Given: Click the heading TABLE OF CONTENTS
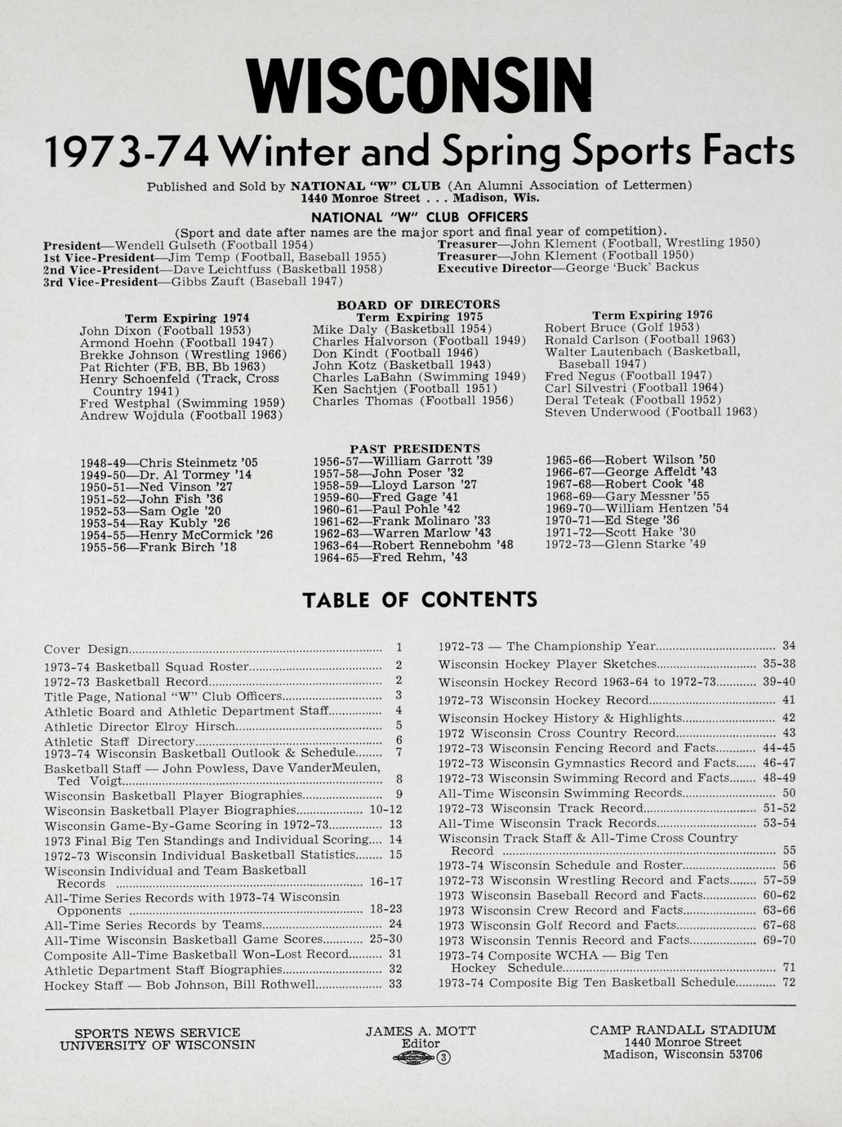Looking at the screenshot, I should [420, 600].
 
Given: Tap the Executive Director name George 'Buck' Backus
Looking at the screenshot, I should [632, 267].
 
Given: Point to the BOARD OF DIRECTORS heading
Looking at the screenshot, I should [418, 305].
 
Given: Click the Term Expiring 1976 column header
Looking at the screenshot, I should [652, 315].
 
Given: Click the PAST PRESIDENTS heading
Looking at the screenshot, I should [415, 448].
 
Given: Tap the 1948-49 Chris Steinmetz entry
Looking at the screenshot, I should [168, 463].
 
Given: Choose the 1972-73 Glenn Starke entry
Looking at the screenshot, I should [625, 544].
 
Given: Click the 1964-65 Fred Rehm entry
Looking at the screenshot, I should [390, 557].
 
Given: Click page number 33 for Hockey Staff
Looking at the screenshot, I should [395, 984].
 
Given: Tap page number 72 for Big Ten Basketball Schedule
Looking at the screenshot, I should [788, 982].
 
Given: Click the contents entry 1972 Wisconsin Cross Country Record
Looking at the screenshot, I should [557, 733].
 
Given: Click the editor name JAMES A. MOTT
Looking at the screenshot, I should [420, 1031].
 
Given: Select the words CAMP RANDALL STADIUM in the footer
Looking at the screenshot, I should [683, 1030].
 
